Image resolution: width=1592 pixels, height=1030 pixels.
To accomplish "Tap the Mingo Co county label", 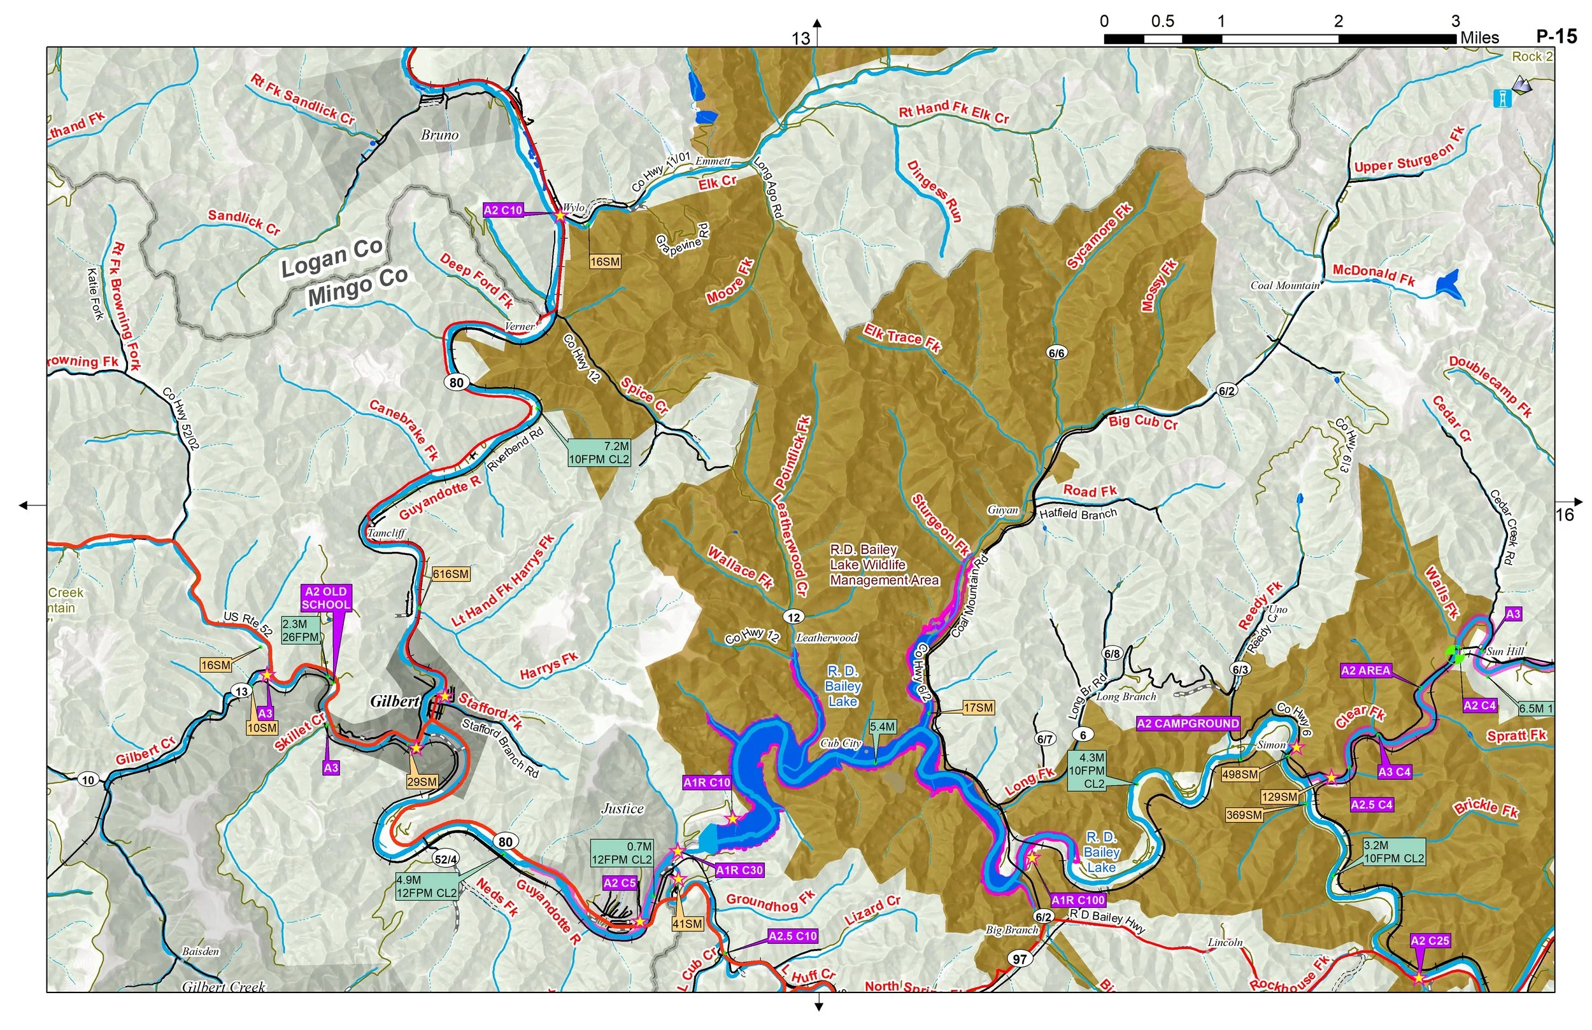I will point(357,287).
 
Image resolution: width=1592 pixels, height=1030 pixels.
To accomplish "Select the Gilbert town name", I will point(395,701).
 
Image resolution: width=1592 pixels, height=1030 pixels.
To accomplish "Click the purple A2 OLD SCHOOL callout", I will point(326,598).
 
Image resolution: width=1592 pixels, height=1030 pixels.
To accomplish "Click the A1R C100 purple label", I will point(1077,900).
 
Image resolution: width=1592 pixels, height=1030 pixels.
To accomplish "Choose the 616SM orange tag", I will point(450,574).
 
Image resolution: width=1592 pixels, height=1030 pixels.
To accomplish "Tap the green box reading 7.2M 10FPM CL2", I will point(598,453).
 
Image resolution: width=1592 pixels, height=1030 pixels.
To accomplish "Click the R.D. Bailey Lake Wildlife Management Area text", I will point(884,565).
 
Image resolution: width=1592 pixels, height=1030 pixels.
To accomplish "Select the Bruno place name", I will point(439,135).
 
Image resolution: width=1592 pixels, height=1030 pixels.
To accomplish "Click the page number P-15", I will point(1556,37).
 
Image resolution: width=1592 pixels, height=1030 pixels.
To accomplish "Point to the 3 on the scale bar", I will point(1455,22).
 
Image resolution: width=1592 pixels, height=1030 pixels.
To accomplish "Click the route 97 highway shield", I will point(1019,959).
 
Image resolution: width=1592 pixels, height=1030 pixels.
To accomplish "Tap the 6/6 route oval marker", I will point(1057,353).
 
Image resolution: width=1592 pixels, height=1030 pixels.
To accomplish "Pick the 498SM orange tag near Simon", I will point(1239,775).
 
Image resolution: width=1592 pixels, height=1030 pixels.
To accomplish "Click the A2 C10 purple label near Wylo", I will point(502,210).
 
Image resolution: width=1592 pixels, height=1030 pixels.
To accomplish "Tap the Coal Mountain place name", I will point(1285,286).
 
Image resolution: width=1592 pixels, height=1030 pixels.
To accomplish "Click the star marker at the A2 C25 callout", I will point(1418,978).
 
